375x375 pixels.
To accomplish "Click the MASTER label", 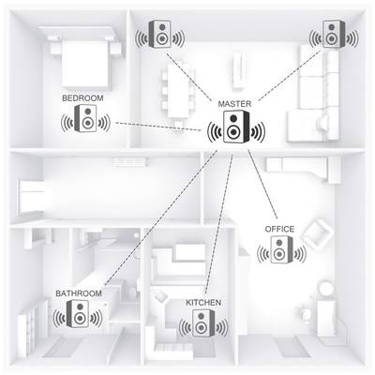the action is point(234,104).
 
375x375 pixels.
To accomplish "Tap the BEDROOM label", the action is point(82,98).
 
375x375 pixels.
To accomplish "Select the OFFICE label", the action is point(279,229).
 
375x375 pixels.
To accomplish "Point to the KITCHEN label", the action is point(203,303).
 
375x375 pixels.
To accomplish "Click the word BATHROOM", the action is point(79,293).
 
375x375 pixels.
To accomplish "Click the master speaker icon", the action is point(236,127).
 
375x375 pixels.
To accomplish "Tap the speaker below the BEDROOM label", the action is point(85,118).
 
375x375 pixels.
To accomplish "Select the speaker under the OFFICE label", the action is point(281,249).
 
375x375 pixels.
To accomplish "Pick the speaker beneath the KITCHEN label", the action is point(203,323).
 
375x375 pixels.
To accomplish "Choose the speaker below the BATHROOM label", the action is point(78,313).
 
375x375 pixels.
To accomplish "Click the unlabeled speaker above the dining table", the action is point(160,34).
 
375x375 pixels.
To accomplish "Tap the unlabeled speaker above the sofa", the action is point(334,34).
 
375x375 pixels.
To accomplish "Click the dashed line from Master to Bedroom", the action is point(158,127).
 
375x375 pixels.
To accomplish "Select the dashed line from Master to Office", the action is point(262,185).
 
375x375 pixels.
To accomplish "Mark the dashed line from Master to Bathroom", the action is point(161,217).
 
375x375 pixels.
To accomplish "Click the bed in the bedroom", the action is point(84,58).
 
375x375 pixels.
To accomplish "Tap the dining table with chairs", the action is point(177,91).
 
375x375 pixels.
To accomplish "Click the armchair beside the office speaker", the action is point(317,232).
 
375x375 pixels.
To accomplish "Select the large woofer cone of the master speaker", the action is point(232,132).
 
